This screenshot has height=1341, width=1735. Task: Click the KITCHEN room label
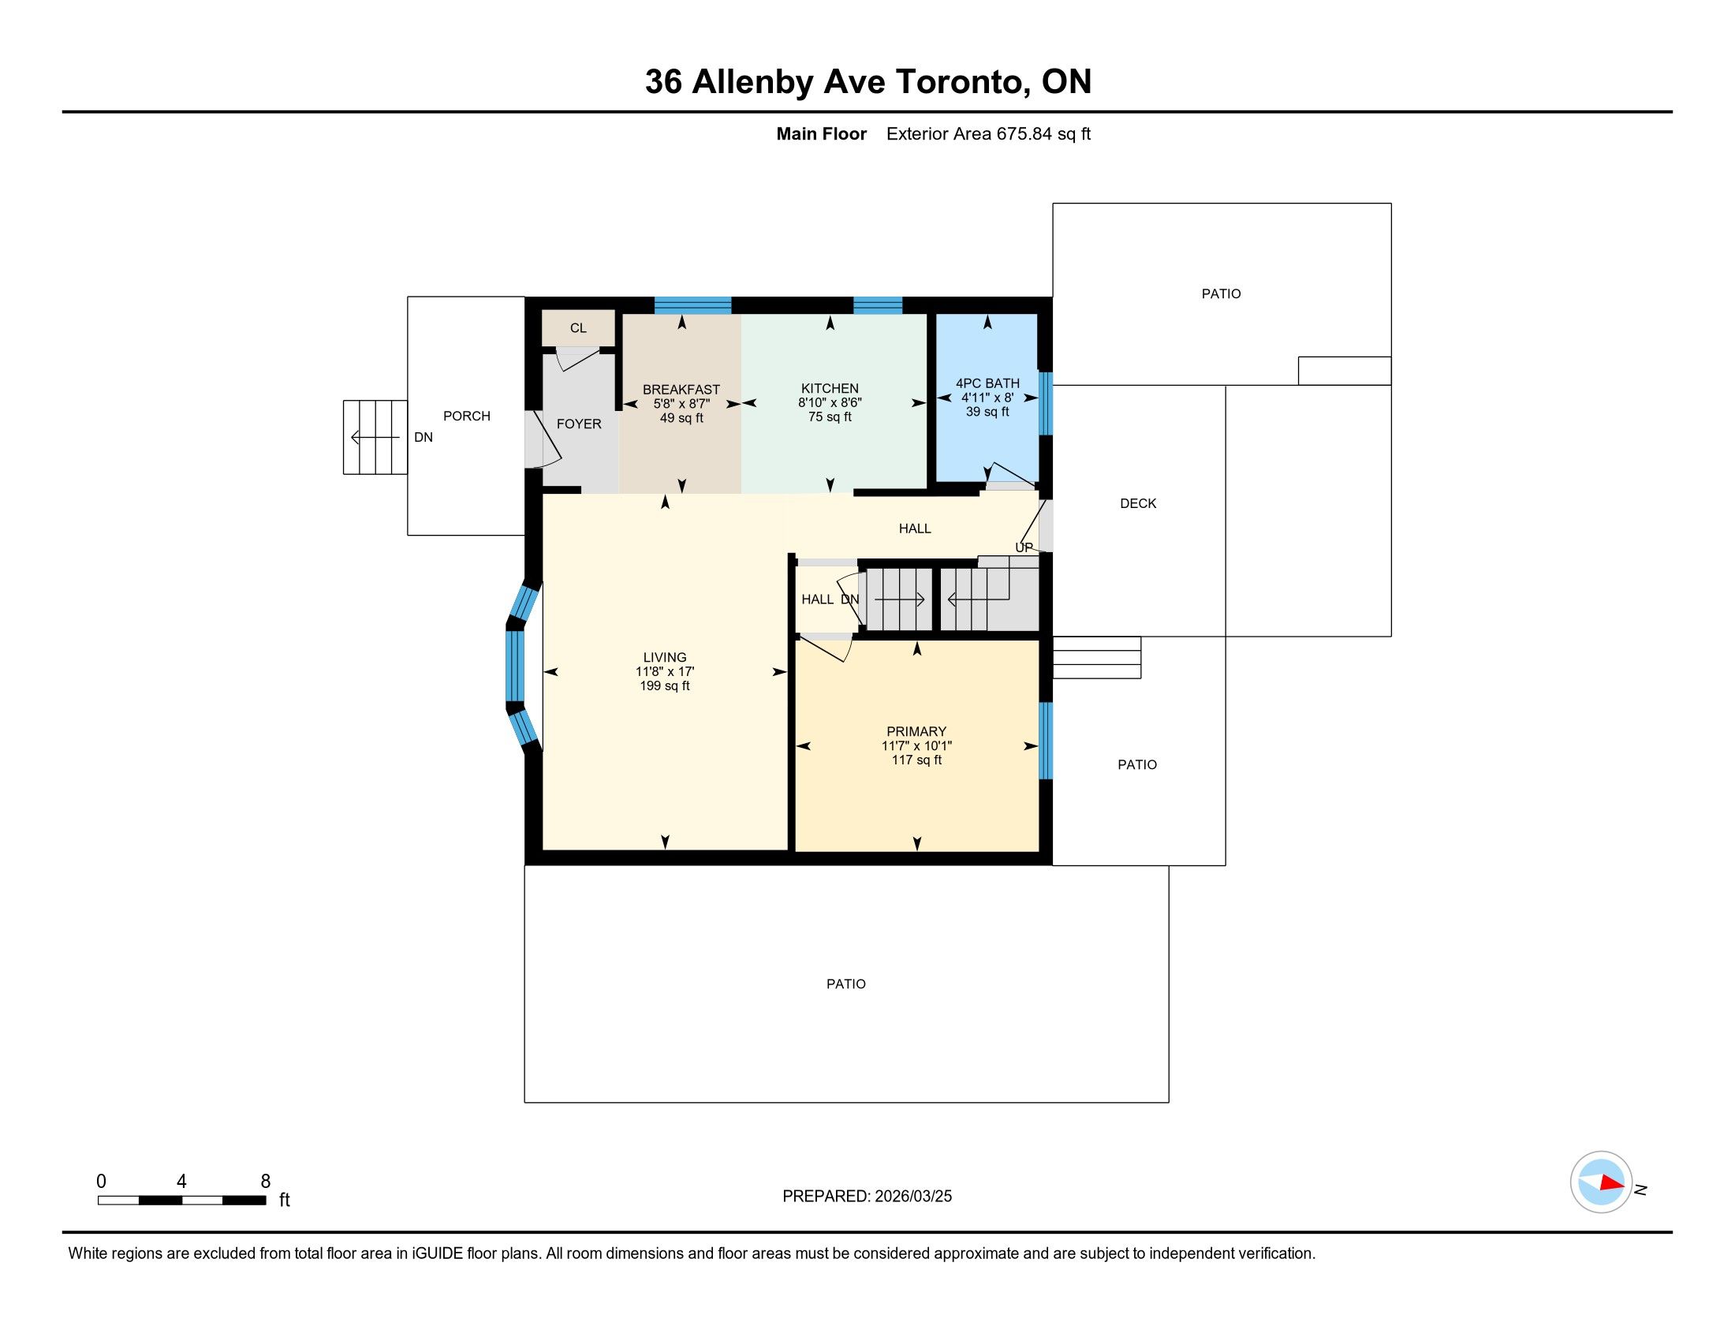(x=830, y=388)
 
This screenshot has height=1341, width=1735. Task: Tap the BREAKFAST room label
(x=681, y=389)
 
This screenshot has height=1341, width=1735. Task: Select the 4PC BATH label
(x=987, y=383)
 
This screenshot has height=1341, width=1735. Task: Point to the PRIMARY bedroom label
(x=916, y=732)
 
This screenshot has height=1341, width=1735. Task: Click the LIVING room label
(x=665, y=658)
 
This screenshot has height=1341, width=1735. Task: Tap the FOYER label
(x=578, y=424)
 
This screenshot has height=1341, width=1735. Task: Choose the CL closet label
(x=578, y=328)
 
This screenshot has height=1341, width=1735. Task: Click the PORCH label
(x=466, y=416)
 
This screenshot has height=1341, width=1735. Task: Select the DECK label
(x=1137, y=504)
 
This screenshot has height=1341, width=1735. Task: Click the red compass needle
(x=1612, y=1183)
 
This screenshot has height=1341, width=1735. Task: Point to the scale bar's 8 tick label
(x=265, y=1182)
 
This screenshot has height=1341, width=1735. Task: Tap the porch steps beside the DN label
(x=375, y=438)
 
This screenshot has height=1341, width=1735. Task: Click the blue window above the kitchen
(x=878, y=305)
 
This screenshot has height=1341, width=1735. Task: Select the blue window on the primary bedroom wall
(x=1047, y=741)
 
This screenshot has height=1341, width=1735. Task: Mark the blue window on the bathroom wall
(x=1047, y=405)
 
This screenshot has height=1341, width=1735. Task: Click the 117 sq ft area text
(x=916, y=760)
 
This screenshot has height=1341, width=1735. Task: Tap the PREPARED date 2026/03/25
(x=912, y=1197)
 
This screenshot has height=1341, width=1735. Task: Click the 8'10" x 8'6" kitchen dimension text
(x=830, y=403)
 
